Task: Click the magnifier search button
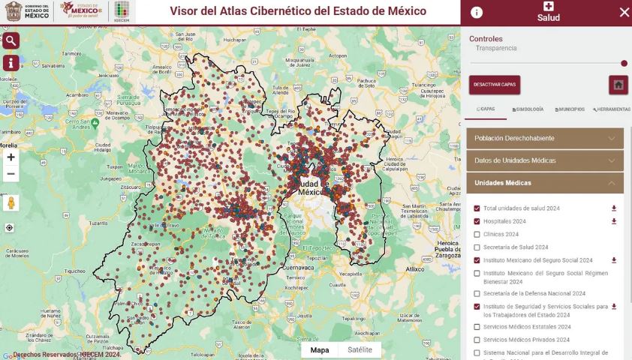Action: (x=11, y=40)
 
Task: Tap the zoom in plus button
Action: (x=11, y=157)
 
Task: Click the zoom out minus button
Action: (x=11, y=174)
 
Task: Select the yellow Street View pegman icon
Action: (x=11, y=203)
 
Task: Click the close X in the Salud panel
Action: (x=624, y=12)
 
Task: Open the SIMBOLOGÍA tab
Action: (x=528, y=109)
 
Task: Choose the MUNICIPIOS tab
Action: (x=570, y=109)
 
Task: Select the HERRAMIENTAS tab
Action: (x=611, y=109)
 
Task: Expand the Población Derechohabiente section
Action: (x=545, y=138)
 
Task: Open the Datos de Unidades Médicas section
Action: (x=545, y=160)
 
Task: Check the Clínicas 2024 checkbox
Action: (x=477, y=234)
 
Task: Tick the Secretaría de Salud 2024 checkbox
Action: (x=477, y=247)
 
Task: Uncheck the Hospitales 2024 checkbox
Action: (x=477, y=221)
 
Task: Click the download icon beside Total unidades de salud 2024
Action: (x=614, y=208)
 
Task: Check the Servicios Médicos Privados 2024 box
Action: (x=477, y=340)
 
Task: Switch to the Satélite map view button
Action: (x=360, y=349)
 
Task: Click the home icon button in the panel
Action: (x=618, y=85)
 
